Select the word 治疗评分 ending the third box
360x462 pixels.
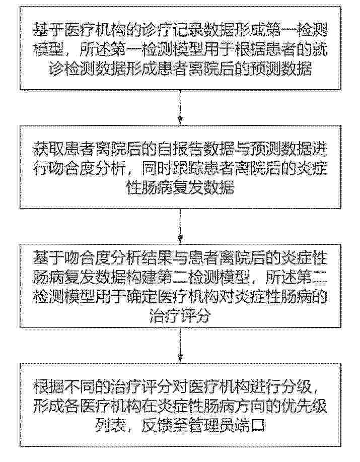pyautogui.click(x=180, y=317)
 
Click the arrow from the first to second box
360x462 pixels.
pyautogui.click(x=180, y=107)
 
